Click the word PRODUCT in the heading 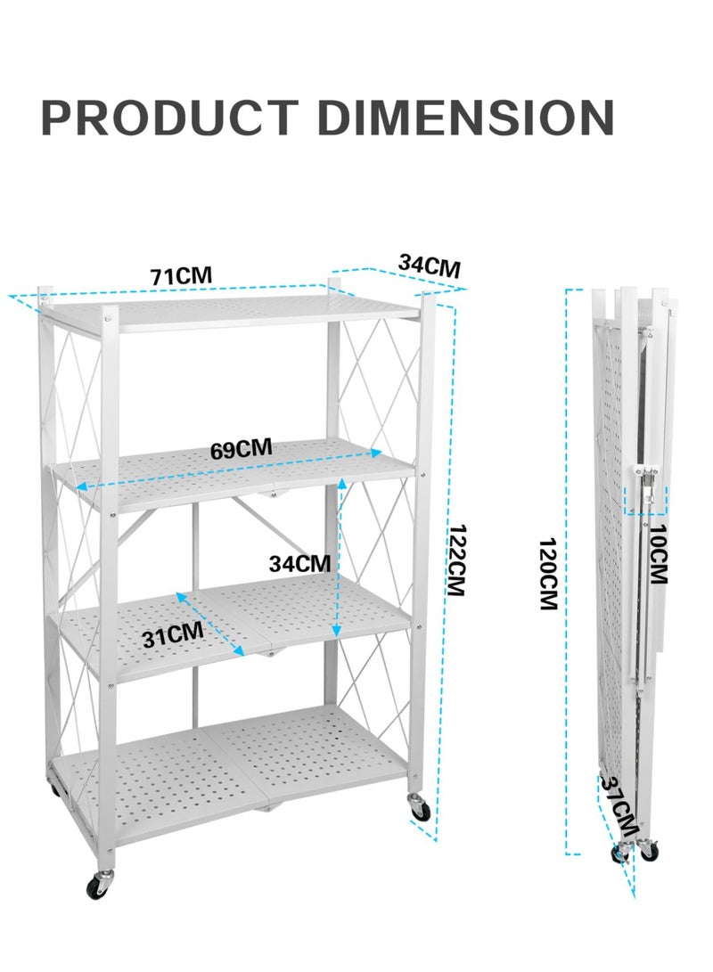coord(169,118)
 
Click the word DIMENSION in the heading coord(465,118)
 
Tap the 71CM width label coord(181,276)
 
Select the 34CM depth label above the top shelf coord(429,265)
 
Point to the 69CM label coord(242,449)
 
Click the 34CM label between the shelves coord(299,563)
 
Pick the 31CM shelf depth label coord(173,634)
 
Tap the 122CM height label coord(457,560)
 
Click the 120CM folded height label coord(548,574)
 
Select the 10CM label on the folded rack coord(658,554)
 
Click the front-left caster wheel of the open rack coord(99,886)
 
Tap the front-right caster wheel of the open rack coord(419,808)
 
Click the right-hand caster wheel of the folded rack coord(649,849)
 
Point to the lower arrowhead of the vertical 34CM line coord(336,631)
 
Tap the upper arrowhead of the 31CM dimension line coord(181,596)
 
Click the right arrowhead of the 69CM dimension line coord(376,453)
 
